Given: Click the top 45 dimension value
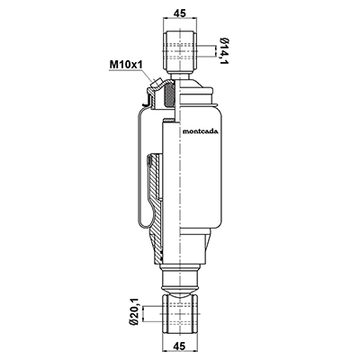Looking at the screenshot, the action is (180, 13).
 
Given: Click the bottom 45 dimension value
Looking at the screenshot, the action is (180, 346).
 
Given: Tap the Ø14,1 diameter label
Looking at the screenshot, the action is (222, 51).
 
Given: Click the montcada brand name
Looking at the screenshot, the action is (201, 131).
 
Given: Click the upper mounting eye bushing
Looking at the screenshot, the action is (180, 50).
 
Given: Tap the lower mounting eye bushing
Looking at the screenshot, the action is (180, 313).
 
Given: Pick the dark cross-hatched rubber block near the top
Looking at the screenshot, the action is (169, 94).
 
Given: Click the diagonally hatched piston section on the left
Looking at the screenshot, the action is (156, 207).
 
